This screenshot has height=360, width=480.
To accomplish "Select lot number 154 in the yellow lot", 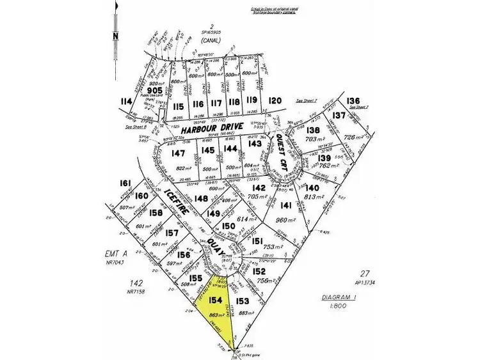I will click(x=215, y=300).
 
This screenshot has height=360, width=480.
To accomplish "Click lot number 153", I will click(x=242, y=301).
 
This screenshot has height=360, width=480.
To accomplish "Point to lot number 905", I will click(x=152, y=91).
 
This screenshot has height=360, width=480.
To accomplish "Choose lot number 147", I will click(x=178, y=153).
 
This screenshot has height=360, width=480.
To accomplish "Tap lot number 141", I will click(x=285, y=205).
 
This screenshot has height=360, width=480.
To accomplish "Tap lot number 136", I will click(x=353, y=101).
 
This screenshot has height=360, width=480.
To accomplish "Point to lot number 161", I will click(x=125, y=184).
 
